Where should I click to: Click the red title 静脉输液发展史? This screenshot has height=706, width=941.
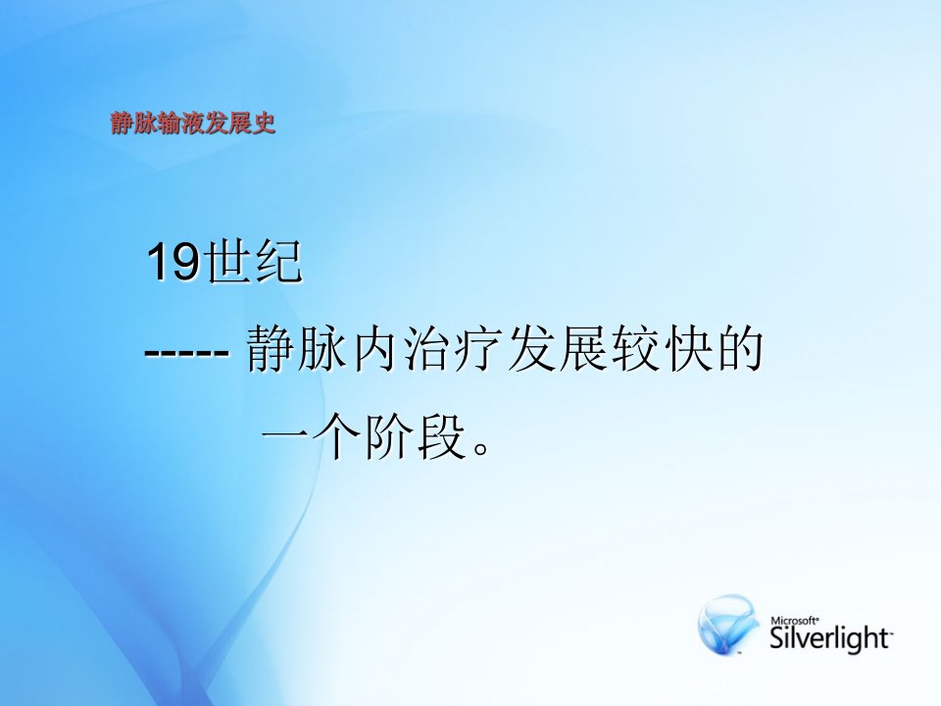point(193,124)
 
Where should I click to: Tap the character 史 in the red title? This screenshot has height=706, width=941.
point(264,124)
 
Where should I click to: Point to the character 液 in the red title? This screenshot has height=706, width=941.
point(193,124)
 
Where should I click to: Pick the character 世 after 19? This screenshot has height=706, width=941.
point(225,263)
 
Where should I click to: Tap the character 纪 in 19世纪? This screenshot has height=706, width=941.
point(277,263)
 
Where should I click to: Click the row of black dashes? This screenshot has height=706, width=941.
point(186,352)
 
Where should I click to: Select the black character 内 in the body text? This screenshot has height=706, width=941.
point(373,349)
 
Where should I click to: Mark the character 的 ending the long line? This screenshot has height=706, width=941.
point(740,349)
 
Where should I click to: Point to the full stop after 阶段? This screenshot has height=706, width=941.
point(481,448)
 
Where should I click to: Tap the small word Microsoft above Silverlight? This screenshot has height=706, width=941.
point(794,620)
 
